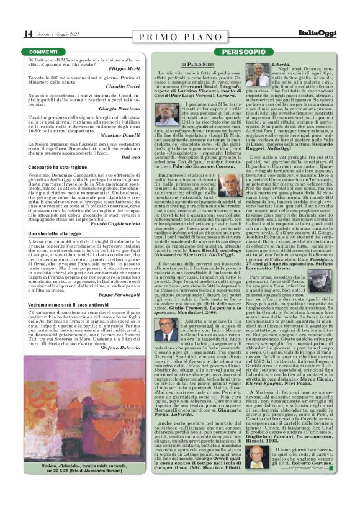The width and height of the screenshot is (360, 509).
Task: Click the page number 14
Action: tap(11, 32)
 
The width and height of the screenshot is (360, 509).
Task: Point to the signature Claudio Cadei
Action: tap(140, 86)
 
